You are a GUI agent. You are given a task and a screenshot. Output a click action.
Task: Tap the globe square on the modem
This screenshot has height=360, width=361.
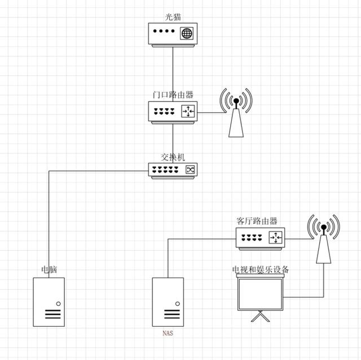187,33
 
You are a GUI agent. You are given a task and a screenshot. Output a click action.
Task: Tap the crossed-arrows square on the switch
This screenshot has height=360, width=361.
190,169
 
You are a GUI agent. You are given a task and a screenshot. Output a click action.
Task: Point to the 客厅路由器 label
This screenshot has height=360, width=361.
257,221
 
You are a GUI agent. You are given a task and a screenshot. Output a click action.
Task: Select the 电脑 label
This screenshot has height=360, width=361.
49,269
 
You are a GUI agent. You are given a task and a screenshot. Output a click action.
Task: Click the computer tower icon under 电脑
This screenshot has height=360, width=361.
49,302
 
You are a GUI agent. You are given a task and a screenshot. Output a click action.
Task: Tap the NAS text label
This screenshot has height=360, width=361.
168,334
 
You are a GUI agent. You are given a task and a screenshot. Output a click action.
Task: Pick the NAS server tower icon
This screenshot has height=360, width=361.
168,302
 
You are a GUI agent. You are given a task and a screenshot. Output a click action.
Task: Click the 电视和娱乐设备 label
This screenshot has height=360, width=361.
261,270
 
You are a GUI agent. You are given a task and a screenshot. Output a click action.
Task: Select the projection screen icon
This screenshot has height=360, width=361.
259,294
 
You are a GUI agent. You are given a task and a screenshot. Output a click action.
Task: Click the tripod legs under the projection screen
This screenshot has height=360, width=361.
259,319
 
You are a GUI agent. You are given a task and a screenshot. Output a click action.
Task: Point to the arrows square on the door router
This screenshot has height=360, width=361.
188,112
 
